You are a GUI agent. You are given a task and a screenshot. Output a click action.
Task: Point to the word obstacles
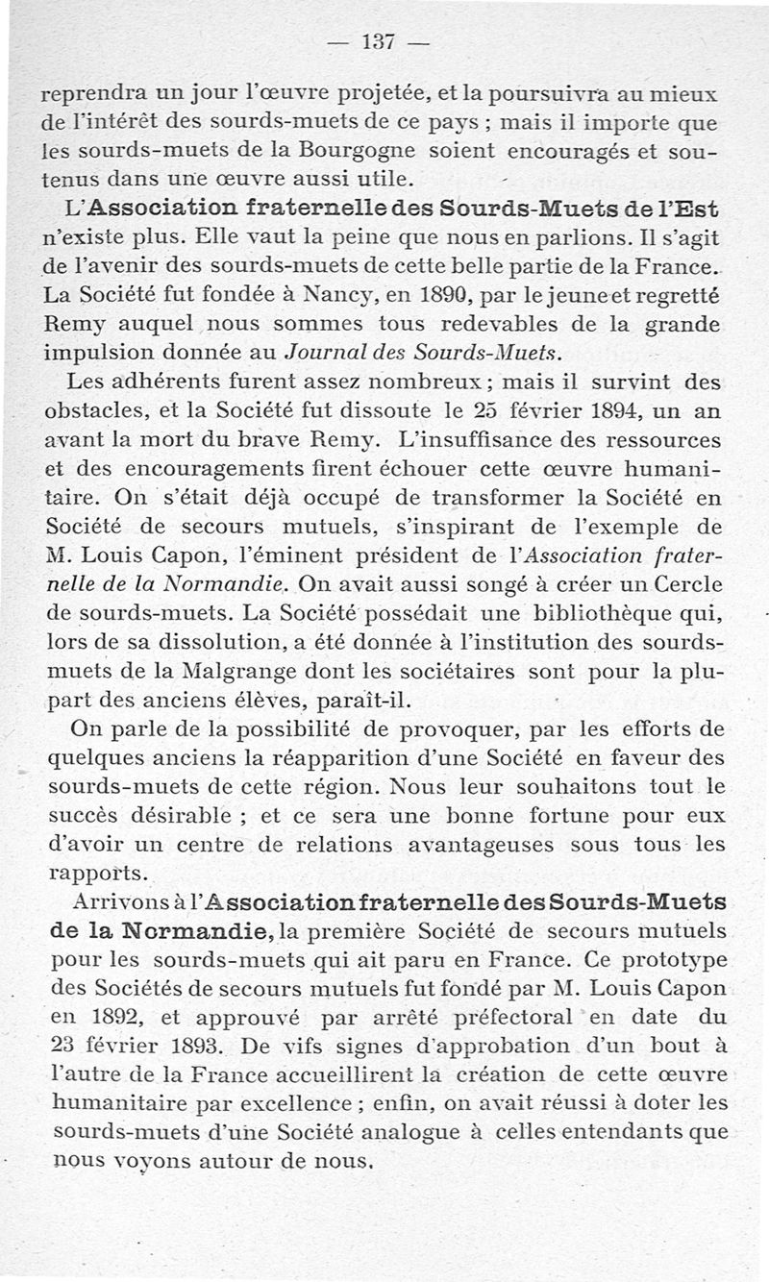[x=93, y=411]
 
